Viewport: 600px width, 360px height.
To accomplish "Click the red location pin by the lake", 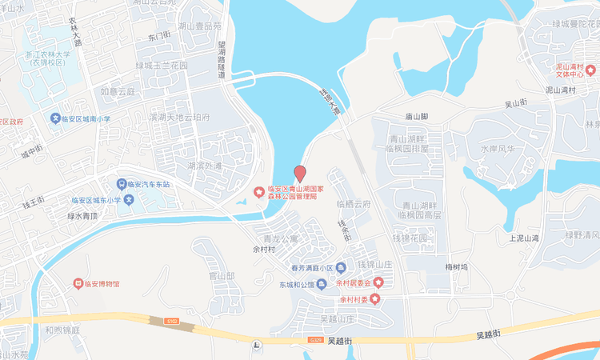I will (x=300, y=174).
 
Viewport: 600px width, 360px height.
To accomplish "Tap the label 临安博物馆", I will (x=102, y=283).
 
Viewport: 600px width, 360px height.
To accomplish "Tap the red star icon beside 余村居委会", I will (x=378, y=282).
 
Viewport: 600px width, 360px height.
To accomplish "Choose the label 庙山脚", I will (x=416, y=117).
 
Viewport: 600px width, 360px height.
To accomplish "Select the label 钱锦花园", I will (x=411, y=239).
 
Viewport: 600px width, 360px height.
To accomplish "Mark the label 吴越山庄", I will (x=336, y=318).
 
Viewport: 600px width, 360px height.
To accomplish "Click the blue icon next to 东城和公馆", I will (x=321, y=284).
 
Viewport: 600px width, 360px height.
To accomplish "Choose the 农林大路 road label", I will (x=76, y=36).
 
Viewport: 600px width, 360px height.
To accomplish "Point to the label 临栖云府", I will (x=354, y=204).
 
